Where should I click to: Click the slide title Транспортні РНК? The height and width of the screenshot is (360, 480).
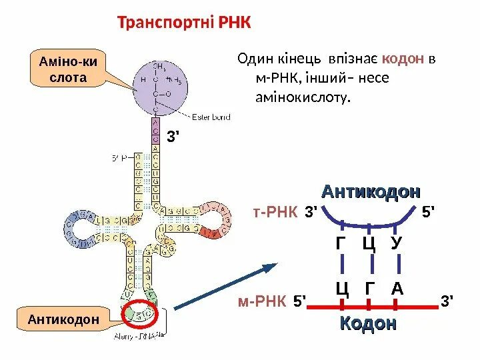pos(184,24)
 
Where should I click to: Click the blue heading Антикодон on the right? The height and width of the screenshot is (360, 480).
pos(371,192)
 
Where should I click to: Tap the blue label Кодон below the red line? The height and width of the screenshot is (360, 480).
pos(368,323)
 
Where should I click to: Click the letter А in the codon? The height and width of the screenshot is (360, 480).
pos(397,289)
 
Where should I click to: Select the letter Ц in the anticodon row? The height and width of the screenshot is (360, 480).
pos(369,244)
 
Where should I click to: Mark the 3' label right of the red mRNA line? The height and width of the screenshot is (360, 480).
pos(447,302)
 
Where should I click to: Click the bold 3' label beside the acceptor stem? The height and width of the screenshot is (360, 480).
pos(173,138)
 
